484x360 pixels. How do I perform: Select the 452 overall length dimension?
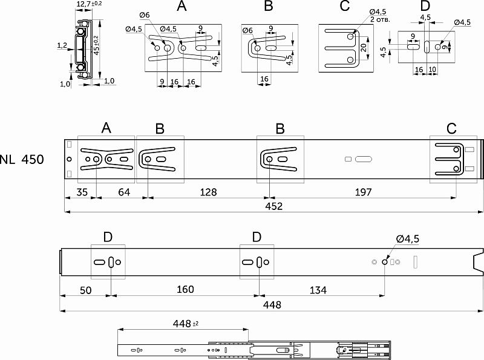click(x=273, y=206)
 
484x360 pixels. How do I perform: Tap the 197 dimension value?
click(x=362, y=192)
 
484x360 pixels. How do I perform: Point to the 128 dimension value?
click(x=207, y=192)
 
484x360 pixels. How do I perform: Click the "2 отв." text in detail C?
click(x=382, y=19)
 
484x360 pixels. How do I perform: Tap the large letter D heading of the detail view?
click(x=425, y=7)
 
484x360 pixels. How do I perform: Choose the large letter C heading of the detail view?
click(x=344, y=7)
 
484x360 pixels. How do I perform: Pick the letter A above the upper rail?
click(x=106, y=128)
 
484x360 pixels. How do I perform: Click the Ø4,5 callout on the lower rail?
click(x=407, y=240)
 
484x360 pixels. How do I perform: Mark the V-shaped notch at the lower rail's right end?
click(x=477, y=261)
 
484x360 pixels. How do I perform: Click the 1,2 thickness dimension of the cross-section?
click(x=62, y=45)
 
